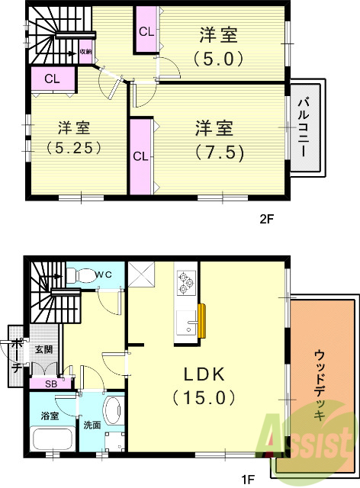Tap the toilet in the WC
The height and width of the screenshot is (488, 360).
point(82,274)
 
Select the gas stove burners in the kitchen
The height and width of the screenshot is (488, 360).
point(186,283)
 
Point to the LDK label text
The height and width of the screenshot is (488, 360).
point(204,374)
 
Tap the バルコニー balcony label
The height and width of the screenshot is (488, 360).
point(304,127)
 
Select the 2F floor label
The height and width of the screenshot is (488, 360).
point(266,220)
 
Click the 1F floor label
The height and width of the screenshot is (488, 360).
point(248,480)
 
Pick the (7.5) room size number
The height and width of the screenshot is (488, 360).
point(219,152)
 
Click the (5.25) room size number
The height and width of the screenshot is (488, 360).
point(74,147)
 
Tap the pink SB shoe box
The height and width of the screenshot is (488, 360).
point(50,384)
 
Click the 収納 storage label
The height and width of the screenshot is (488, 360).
point(86,52)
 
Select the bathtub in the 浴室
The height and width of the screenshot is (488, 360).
point(53,439)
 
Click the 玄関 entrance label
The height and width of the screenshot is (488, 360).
point(43,349)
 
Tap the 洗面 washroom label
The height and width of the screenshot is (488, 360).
point(92,425)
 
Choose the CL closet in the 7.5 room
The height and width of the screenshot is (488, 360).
point(141,156)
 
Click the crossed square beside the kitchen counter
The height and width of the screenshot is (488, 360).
point(141,274)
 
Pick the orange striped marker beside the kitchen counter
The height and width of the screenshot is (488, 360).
point(202,320)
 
